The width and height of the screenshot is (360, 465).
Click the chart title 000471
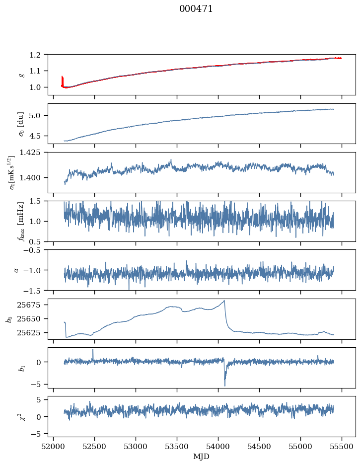[196, 9]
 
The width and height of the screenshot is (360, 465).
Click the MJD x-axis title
[201, 456]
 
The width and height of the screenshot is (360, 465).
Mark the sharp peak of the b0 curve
[224, 301]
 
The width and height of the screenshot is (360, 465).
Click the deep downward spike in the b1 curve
[225, 386]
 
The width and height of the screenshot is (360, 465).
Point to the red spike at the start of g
[62, 77]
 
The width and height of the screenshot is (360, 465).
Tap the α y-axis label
[16, 270]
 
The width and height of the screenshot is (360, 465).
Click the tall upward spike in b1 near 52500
[93, 350]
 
